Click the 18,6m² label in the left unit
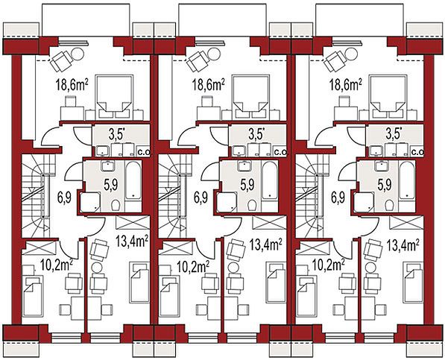point(72,84)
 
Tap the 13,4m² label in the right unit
point(403,244)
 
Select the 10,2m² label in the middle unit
point(193,266)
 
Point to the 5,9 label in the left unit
point(110,186)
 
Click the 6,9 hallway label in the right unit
point(338,198)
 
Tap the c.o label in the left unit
point(144,152)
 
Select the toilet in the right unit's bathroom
point(389,205)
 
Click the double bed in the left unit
point(115,98)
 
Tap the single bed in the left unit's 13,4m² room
point(139,282)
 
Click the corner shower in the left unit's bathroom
point(90,202)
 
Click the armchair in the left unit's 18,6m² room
point(61,61)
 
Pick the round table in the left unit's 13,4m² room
point(96,268)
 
